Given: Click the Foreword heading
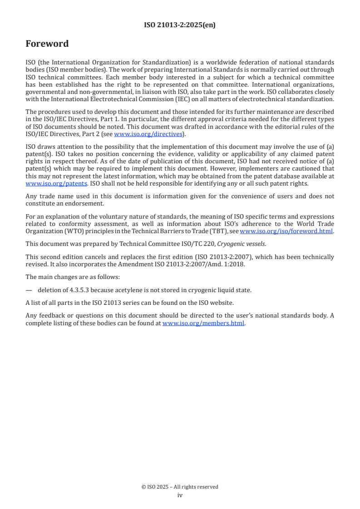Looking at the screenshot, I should click(x=47, y=44).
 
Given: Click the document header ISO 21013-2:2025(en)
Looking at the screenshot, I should click(x=180, y=25).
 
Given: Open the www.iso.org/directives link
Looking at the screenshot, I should click(x=148, y=134).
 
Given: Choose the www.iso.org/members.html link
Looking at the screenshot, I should click(x=203, y=323).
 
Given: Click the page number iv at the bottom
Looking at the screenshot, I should click(x=180, y=495).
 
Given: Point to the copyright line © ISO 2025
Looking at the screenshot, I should click(x=180, y=487).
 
